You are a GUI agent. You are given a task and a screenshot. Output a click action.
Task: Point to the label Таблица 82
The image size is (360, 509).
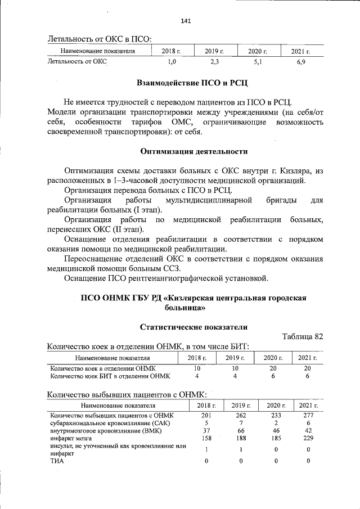[302, 336]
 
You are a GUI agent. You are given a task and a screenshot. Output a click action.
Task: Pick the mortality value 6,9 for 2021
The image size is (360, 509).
[301, 61]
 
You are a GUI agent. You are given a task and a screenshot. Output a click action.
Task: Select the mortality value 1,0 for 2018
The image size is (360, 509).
[172, 61]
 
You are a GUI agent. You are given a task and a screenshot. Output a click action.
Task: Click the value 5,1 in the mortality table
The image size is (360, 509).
[257, 61]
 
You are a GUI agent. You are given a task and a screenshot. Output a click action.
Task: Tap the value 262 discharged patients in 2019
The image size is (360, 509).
[241, 415]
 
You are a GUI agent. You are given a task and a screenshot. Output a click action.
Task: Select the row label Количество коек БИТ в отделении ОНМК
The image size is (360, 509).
[110, 376]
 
